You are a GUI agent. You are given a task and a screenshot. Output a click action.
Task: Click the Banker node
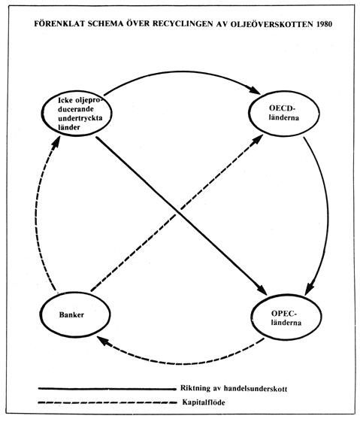(x=75, y=314)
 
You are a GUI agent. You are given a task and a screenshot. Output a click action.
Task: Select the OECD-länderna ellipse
(x=284, y=114)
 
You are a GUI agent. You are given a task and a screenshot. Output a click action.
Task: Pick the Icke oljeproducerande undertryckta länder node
(x=77, y=114)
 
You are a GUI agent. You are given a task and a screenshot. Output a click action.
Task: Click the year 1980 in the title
(x=324, y=24)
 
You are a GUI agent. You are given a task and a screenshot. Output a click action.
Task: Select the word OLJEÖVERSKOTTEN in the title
(x=272, y=24)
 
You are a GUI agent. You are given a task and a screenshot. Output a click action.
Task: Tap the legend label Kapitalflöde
(x=204, y=402)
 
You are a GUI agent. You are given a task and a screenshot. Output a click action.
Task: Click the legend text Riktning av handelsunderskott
(x=234, y=388)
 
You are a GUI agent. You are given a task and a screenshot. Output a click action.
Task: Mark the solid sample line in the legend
(x=107, y=389)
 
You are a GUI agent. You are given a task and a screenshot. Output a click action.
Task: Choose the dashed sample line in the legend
(x=107, y=402)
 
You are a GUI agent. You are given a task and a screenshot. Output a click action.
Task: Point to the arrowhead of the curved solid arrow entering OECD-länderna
(x=254, y=90)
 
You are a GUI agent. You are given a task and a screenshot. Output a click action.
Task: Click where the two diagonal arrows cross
(x=177, y=212)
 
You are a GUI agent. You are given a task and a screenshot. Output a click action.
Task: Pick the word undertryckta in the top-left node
(x=80, y=118)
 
